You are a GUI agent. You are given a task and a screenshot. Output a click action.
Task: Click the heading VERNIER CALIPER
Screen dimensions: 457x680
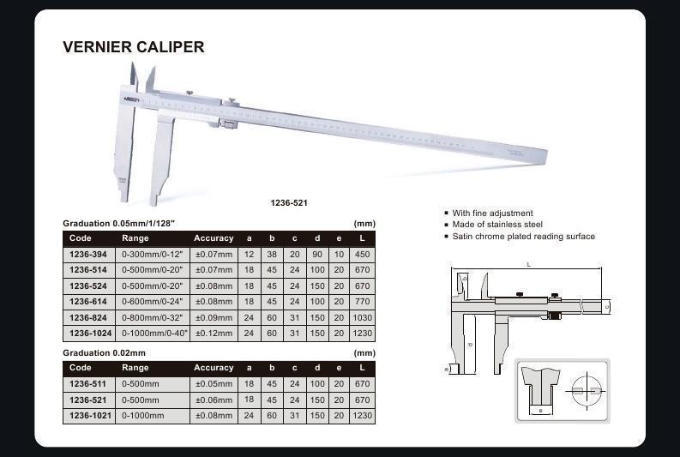click(x=134, y=47)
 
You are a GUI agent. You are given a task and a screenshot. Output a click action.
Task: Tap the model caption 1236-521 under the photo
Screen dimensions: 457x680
click(x=290, y=203)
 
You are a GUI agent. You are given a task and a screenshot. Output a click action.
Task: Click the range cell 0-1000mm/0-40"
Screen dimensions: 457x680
click(x=155, y=332)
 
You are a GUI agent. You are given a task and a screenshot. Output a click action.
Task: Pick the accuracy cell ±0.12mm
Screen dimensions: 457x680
click(x=214, y=332)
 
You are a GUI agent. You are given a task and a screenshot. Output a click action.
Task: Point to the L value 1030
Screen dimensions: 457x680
click(x=363, y=316)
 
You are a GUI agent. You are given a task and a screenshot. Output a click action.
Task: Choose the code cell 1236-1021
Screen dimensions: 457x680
click(x=88, y=415)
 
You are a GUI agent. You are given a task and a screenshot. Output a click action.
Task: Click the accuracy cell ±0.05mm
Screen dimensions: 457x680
click(x=214, y=384)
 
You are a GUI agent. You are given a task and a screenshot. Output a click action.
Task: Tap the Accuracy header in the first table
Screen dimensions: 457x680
click(x=214, y=238)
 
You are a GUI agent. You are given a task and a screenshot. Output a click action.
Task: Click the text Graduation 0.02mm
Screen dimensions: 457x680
click(x=104, y=352)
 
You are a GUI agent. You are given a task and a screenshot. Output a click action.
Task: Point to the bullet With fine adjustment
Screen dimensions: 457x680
click(x=492, y=213)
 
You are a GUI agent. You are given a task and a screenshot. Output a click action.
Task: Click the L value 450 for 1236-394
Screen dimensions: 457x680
click(x=363, y=254)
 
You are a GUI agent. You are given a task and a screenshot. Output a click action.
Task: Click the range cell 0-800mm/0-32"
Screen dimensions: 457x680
click(x=153, y=316)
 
